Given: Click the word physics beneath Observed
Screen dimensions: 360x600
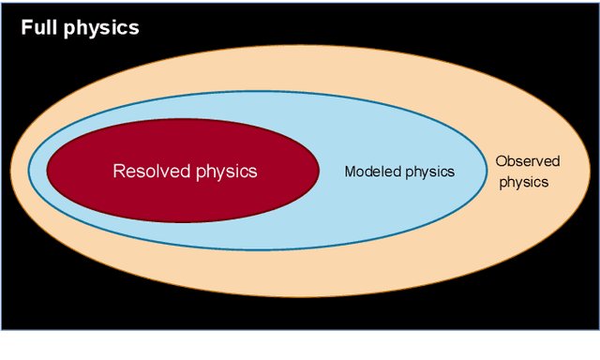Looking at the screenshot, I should (523, 182).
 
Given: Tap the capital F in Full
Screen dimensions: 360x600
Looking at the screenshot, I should (26, 27).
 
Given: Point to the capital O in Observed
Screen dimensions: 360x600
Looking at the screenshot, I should (501, 161).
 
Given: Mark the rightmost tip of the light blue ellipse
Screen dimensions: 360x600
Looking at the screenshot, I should (486, 171).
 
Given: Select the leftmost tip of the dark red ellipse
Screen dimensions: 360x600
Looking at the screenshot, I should (46, 170).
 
